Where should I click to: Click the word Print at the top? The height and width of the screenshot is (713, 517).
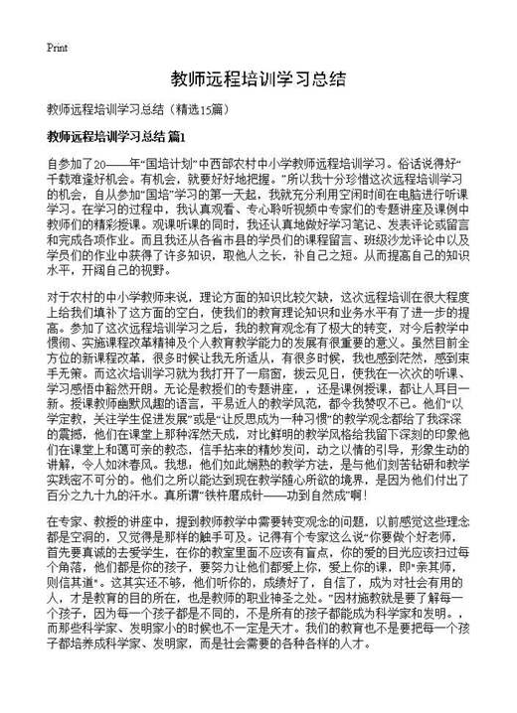pyautogui.click(x=57, y=47)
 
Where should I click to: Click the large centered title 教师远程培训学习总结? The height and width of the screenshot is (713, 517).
pyautogui.click(x=258, y=78)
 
